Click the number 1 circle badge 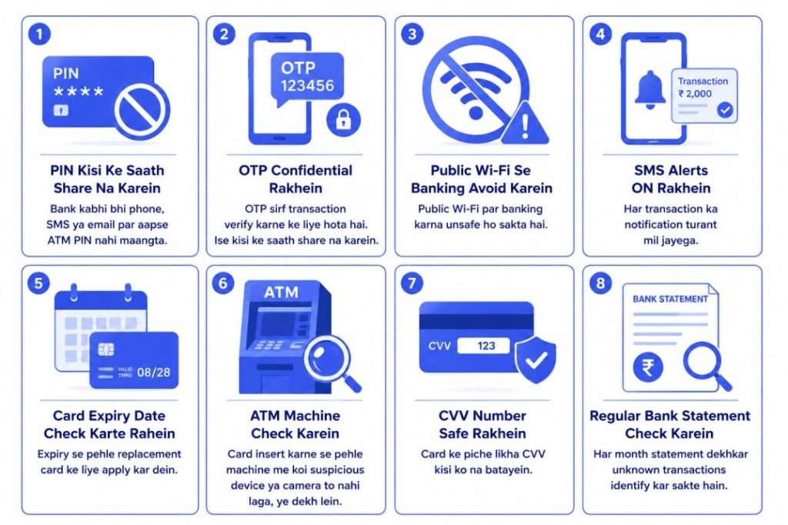(39, 34)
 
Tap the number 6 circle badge (223, 283)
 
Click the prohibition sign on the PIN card (142, 111)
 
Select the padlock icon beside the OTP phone (344, 120)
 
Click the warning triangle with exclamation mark (525, 124)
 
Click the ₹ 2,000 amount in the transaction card (695, 94)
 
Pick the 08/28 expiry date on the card (153, 372)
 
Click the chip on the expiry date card (106, 349)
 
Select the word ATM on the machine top (281, 292)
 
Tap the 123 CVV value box (483, 346)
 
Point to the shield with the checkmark (536, 359)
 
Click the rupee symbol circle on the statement (648, 367)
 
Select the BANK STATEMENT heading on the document (670, 299)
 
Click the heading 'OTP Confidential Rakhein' (295, 179)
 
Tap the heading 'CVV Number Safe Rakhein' (482, 424)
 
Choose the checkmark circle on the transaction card (725, 109)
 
